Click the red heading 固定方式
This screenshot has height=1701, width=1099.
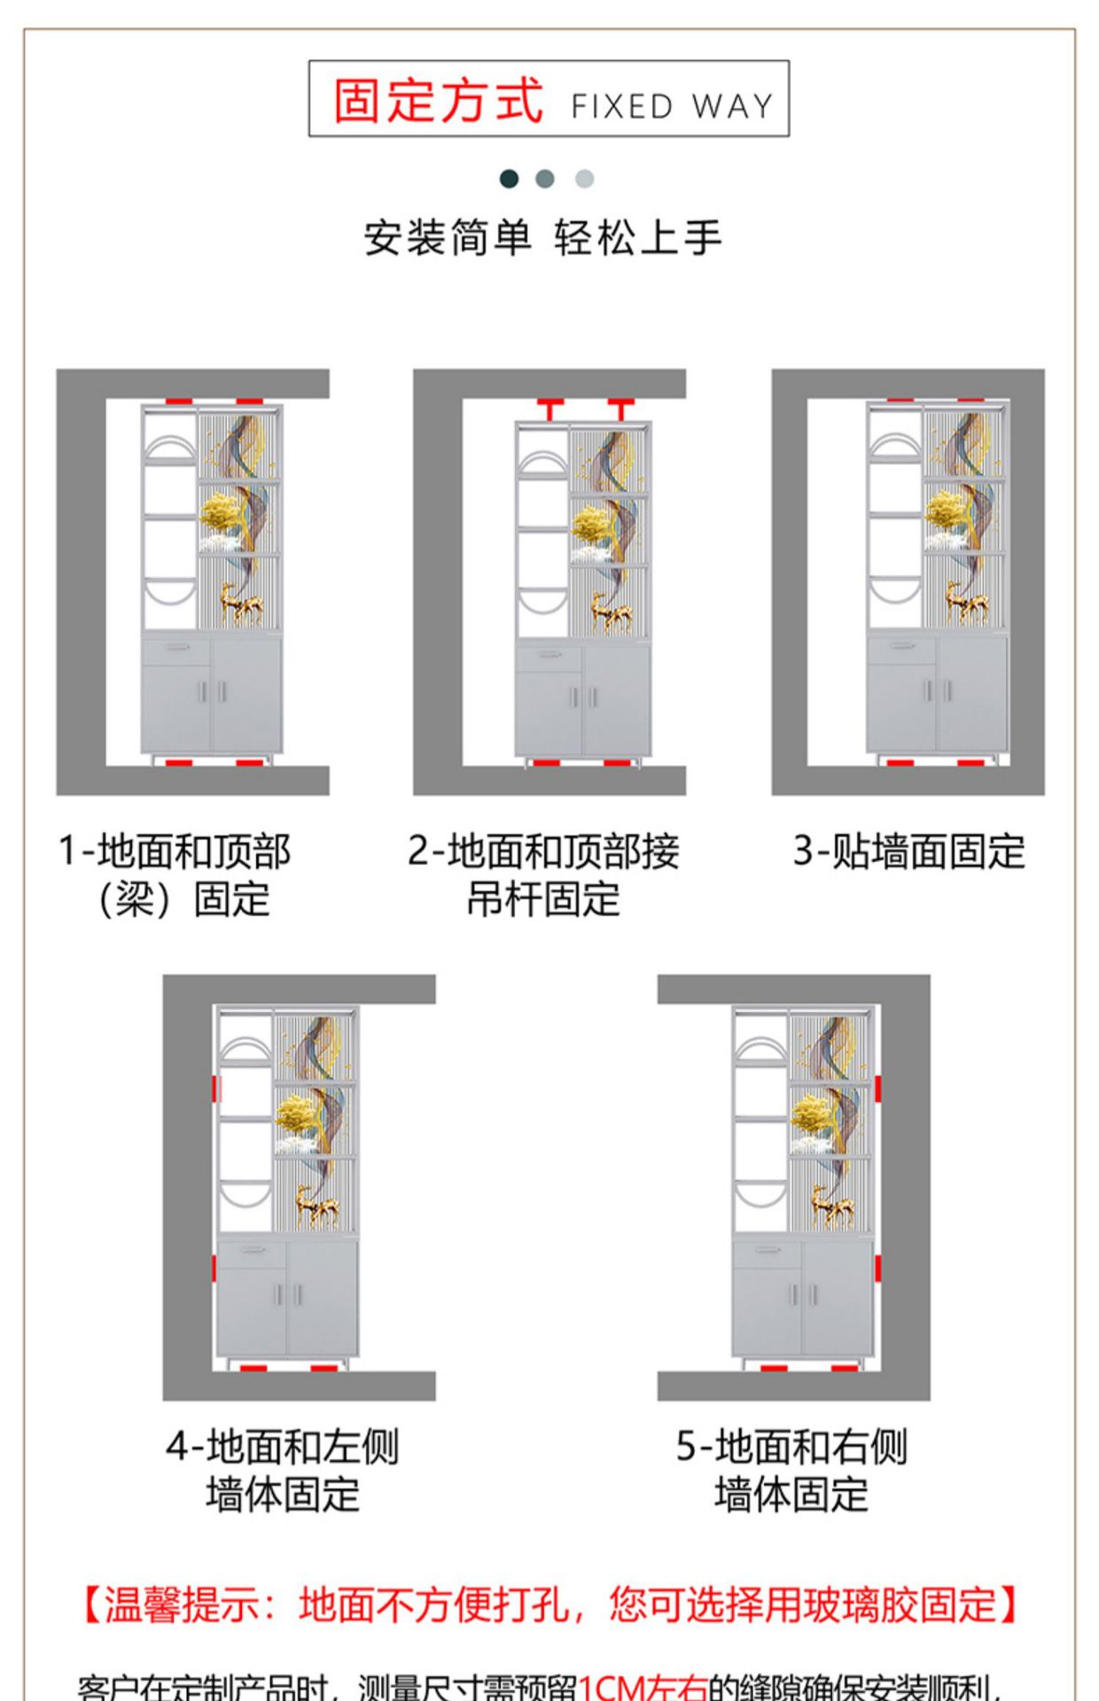pos(438,100)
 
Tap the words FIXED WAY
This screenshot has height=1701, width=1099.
pos(672,106)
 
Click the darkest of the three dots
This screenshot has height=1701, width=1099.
pos(509,179)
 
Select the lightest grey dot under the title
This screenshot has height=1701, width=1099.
pos(584,179)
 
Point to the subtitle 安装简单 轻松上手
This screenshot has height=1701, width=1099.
pos(542,238)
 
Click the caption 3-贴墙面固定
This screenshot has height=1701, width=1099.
pos(908,851)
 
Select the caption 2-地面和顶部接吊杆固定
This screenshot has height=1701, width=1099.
pos(543,875)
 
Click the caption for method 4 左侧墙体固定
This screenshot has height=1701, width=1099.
pos(283,1472)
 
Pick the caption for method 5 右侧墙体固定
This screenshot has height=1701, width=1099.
pos(791,1472)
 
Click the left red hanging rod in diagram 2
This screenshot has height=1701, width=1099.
pos(549,408)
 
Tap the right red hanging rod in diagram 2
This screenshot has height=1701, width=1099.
pos(620,408)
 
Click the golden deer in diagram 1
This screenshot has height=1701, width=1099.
pos(241,604)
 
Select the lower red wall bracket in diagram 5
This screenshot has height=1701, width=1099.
pos(877,1269)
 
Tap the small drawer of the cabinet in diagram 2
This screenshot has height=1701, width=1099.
pos(549,656)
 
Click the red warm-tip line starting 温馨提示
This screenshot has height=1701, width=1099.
pos(549,1605)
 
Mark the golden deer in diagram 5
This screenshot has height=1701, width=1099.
pos(832,1206)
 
